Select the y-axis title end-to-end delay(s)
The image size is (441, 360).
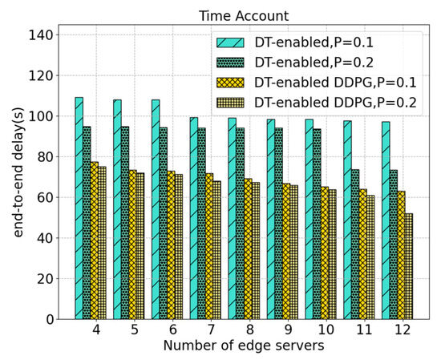(x=18, y=172)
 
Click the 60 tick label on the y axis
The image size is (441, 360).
(x=45, y=197)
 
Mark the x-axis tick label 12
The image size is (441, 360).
(x=404, y=330)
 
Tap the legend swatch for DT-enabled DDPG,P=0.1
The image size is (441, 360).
(x=230, y=83)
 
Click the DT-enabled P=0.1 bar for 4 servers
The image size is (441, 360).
(x=79, y=208)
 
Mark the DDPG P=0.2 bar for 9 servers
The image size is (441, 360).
(x=293, y=252)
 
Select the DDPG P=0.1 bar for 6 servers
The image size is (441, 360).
(x=171, y=245)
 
